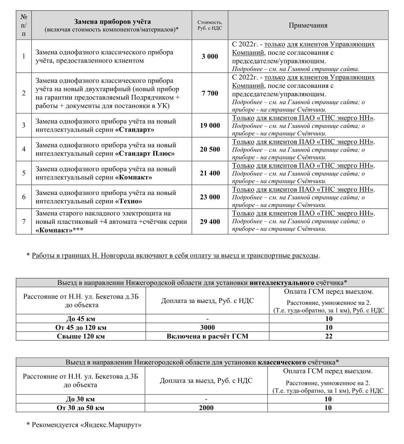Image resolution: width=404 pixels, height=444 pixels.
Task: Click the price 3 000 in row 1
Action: point(210,57)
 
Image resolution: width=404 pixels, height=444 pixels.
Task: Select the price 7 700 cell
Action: point(210,93)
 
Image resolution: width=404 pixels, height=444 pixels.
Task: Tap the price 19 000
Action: point(210,125)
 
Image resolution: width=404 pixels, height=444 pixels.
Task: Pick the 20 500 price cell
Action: point(210,149)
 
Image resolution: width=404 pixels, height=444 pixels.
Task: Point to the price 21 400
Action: point(210,173)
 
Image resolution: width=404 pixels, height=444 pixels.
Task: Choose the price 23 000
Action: point(210,197)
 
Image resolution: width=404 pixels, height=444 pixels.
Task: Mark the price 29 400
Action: point(210,222)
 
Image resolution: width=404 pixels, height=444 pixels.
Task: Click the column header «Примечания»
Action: point(308,25)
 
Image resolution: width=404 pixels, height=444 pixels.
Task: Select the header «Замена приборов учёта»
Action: point(112,22)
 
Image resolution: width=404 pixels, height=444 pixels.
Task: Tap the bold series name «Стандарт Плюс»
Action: point(145,153)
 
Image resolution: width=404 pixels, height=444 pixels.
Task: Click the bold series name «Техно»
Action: point(129,201)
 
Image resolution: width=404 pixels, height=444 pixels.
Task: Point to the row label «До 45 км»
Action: point(81,319)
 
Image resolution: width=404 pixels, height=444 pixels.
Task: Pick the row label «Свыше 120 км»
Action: point(81,336)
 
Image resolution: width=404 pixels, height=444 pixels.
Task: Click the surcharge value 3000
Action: point(207,328)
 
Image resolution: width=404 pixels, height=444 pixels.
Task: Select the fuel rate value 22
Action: point(329,336)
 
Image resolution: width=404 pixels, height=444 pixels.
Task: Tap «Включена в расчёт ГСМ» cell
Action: point(207,336)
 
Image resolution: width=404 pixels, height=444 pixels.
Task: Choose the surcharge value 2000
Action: point(206,408)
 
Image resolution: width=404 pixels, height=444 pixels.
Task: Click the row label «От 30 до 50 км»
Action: point(80,408)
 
